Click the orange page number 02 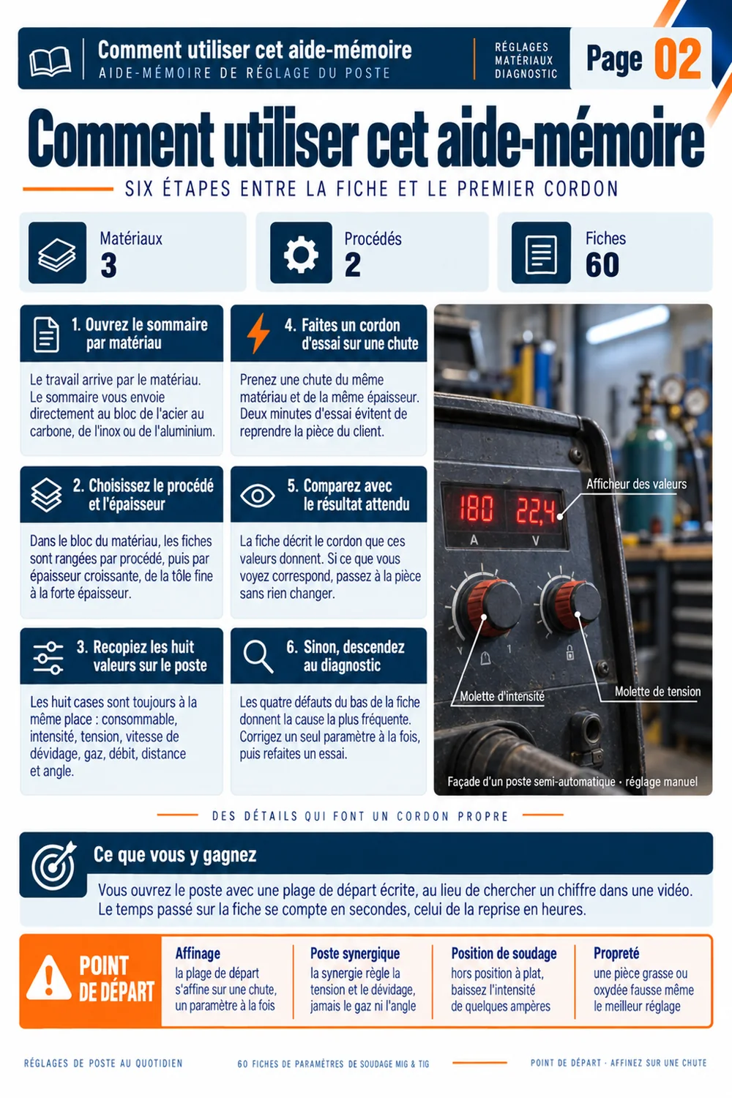[x=678, y=59]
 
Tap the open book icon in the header [x=50, y=61]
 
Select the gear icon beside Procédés [x=301, y=253]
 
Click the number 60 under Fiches [x=602, y=265]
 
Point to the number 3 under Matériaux [x=109, y=265]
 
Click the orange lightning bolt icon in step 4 [x=258, y=333]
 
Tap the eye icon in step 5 [x=258, y=496]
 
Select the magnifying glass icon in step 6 [x=258, y=657]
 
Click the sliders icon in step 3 [x=48, y=658]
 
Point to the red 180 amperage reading [x=475, y=508]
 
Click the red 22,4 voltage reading [x=535, y=510]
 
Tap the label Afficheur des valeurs [x=636, y=485]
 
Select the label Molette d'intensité [x=502, y=697]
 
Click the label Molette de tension [x=657, y=692]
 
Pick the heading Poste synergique [x=355, y=953]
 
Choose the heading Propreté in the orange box [x=616, y=953]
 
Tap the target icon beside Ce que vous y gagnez [x=53, y=866]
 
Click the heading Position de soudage [x=504, y=953]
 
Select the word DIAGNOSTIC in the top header [x=526, y=73]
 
